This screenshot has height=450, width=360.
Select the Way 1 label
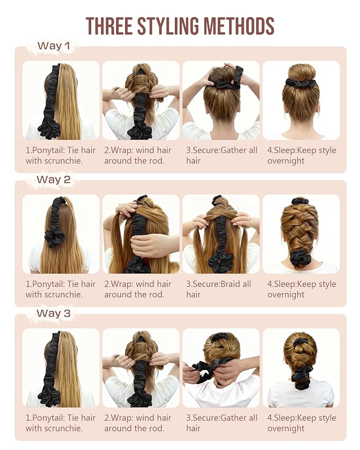[x=53, y=46]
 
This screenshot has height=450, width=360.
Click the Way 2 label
[x=53, y=180]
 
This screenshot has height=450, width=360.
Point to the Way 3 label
[x=53, y=313]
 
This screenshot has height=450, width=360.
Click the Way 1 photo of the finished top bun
[x=301, y=100]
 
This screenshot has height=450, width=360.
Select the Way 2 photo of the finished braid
[x=301, y=234]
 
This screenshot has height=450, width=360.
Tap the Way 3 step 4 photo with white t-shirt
[x=301, y=367]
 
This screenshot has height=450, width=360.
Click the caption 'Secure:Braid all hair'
[x=218, y=289]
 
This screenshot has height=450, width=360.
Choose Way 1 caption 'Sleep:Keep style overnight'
[x=301, y=155]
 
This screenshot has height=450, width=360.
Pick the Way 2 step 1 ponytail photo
[x=60, y=234]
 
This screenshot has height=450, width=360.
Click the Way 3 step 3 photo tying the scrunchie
[x=221, y=367]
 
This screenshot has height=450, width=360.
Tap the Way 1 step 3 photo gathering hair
[x=221, y=100]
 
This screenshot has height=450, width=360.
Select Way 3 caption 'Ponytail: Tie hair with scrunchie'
[x=60, y=422]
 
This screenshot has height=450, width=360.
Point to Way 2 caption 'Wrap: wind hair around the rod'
[x=138, y=289]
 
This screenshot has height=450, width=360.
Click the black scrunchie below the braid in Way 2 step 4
[x=300, y=258]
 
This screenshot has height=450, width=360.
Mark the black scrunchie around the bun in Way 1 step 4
[x=301, y=82]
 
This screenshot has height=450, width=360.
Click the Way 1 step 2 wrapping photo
[x=141, y=100]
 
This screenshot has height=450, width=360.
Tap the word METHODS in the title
[x=236, y=25]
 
